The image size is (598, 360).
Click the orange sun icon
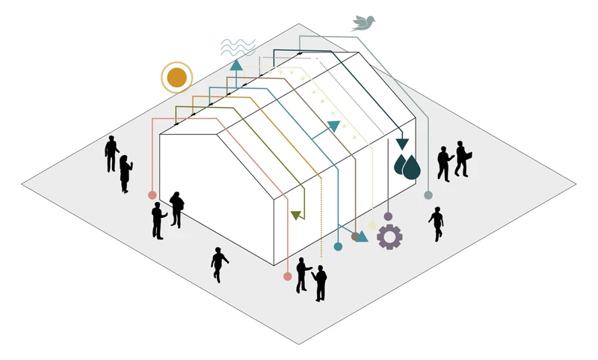pyautogui.click(x=176, y=77)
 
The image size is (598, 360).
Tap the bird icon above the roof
pyautogui.click(x=363, y=22)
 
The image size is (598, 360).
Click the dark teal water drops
pyautogui.click(x=407, y=167)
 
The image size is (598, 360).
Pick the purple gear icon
pyautogui.click(x=389, y=237)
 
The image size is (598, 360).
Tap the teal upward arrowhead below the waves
pyautogui.click(x=236, y=64)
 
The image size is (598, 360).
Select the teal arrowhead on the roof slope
pyautogui.click(x=333, y=126)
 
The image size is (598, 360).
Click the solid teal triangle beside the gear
pyautogui.click(x=363, y=237)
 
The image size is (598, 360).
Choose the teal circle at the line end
pyautogui.click(x=338, y=245)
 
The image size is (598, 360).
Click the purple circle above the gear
pyautogui.click(x=388, y=216)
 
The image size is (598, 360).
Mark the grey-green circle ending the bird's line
pyautogui.click(x=428, y=195)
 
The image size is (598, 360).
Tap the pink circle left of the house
pyautogui.click(x=152, y=195)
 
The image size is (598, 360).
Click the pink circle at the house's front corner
pyautogui.click(x=287, y=276)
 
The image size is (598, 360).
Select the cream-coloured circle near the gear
pyautogui.click(x=373, y=225)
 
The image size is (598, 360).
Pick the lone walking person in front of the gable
pyautogui.click(x=219, y=264)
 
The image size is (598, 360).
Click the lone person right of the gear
pyautogui.click(x=436, y=224)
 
